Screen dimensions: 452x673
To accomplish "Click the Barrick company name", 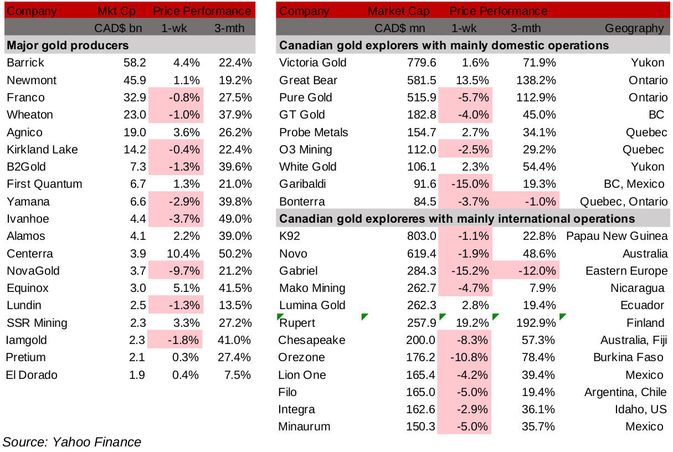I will (x=25, y=63).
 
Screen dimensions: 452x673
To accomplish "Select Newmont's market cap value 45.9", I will (x=134, y=80).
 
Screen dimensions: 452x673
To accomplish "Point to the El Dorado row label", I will (x=32, y=374).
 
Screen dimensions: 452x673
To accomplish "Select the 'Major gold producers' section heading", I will (x=67, y=45).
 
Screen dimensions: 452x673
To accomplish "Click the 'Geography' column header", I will (x=634, y=28).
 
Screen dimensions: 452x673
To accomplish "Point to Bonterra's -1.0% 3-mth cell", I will (x=538, y=202).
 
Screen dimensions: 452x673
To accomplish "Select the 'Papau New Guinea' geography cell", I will (x=617, y=237).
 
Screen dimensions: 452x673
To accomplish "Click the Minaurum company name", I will (x=305, y=427).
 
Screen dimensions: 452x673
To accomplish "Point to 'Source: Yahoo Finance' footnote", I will (x=72, y=442).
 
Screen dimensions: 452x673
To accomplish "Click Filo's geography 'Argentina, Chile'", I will (x=625, y=392).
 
